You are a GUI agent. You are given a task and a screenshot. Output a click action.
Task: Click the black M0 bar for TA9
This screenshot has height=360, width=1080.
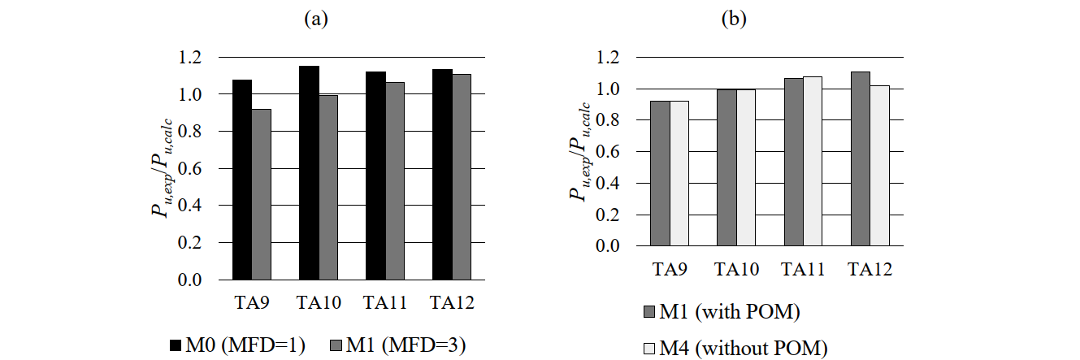tap(241, 180)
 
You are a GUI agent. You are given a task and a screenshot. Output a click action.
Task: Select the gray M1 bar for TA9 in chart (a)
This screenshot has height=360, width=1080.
tap(261, 194)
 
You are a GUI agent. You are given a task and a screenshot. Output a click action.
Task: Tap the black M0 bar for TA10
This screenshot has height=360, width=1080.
tap(308, 173)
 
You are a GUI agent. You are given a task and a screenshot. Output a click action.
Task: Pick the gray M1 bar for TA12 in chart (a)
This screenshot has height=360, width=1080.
tap(461, 177)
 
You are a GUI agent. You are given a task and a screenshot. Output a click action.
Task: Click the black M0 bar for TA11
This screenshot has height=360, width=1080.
tap(375, 176)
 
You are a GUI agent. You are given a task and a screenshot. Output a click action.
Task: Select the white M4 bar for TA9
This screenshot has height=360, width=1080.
tap(679, 173)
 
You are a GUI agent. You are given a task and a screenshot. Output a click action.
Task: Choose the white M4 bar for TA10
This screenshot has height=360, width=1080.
tap(746, 167)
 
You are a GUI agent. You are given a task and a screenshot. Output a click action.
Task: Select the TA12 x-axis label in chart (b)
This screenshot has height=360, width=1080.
tap(870, 269)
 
